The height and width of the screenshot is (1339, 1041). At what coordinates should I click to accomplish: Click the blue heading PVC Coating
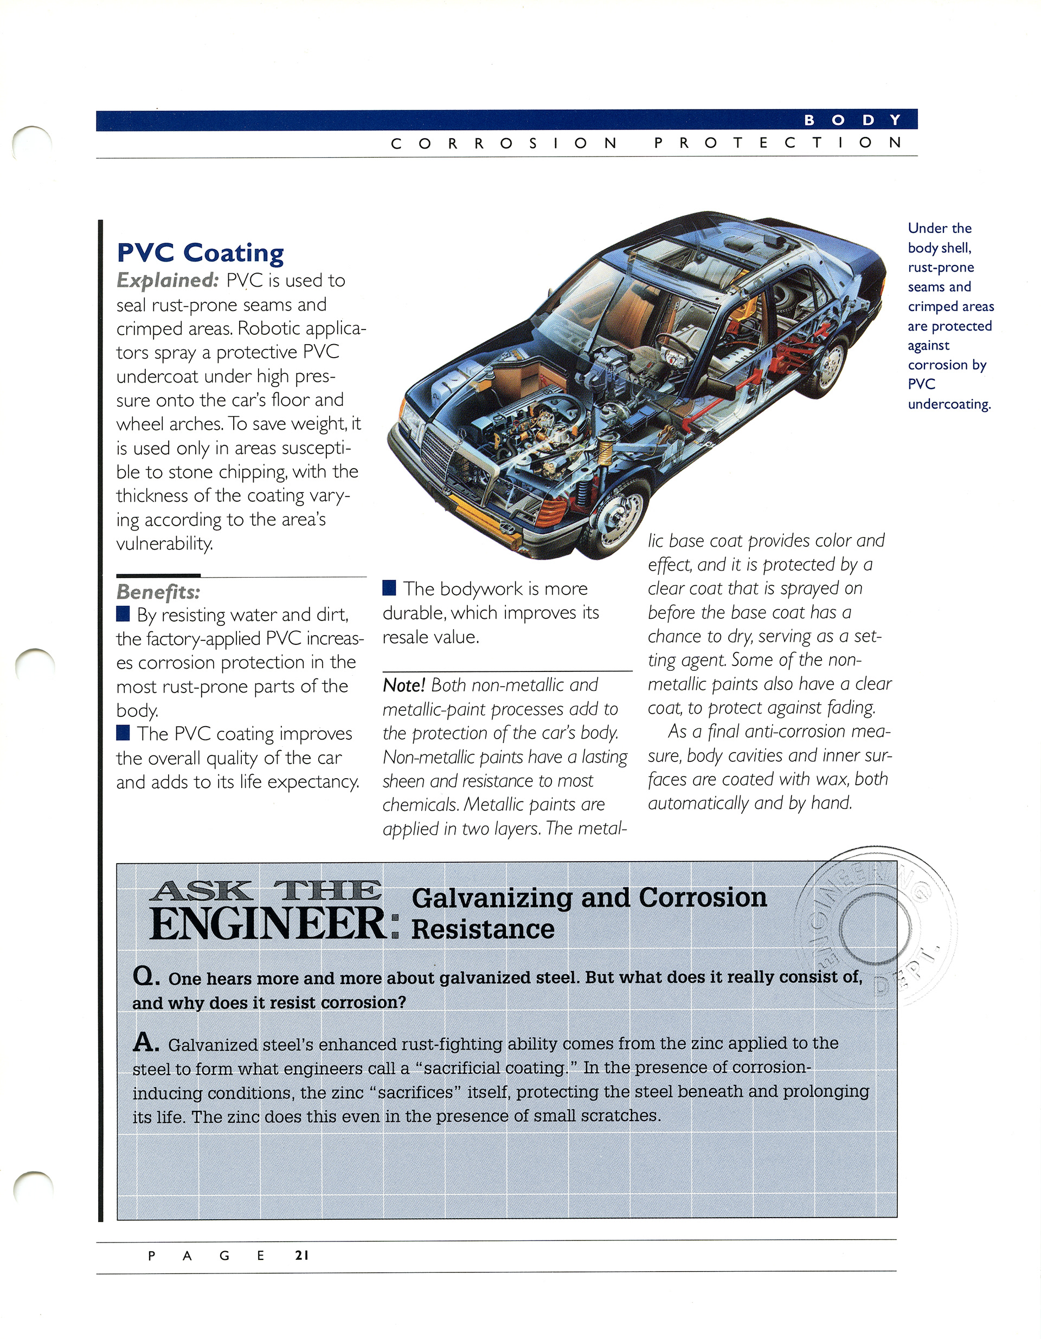pyautogui.click(x=200, y=253)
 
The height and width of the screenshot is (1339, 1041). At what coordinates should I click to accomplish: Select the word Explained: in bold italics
pyautogui.click(x=168, y=280)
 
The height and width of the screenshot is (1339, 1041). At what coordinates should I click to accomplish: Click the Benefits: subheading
pyautogui.click(x=158, y=592)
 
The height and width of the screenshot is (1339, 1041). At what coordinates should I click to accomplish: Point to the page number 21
pyautogui.click(x=302, y=1255)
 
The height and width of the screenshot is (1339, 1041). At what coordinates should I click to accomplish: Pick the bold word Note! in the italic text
pyautogui.click(x=403, y=685)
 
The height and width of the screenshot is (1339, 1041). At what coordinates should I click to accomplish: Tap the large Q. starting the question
pyautogui.click(x=146, y=975)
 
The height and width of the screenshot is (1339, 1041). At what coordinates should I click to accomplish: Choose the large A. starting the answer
pyautogui.click(x=146, y=1042)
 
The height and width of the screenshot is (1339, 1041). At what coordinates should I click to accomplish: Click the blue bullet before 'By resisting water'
pyautogui.click(x=123, y=614)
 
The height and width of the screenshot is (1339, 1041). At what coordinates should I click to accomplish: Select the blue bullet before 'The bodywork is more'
pyautogui.click(x=389, y=588)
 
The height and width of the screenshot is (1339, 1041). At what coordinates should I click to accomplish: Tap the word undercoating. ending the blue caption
pyautogui.click(x=949, y=404)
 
